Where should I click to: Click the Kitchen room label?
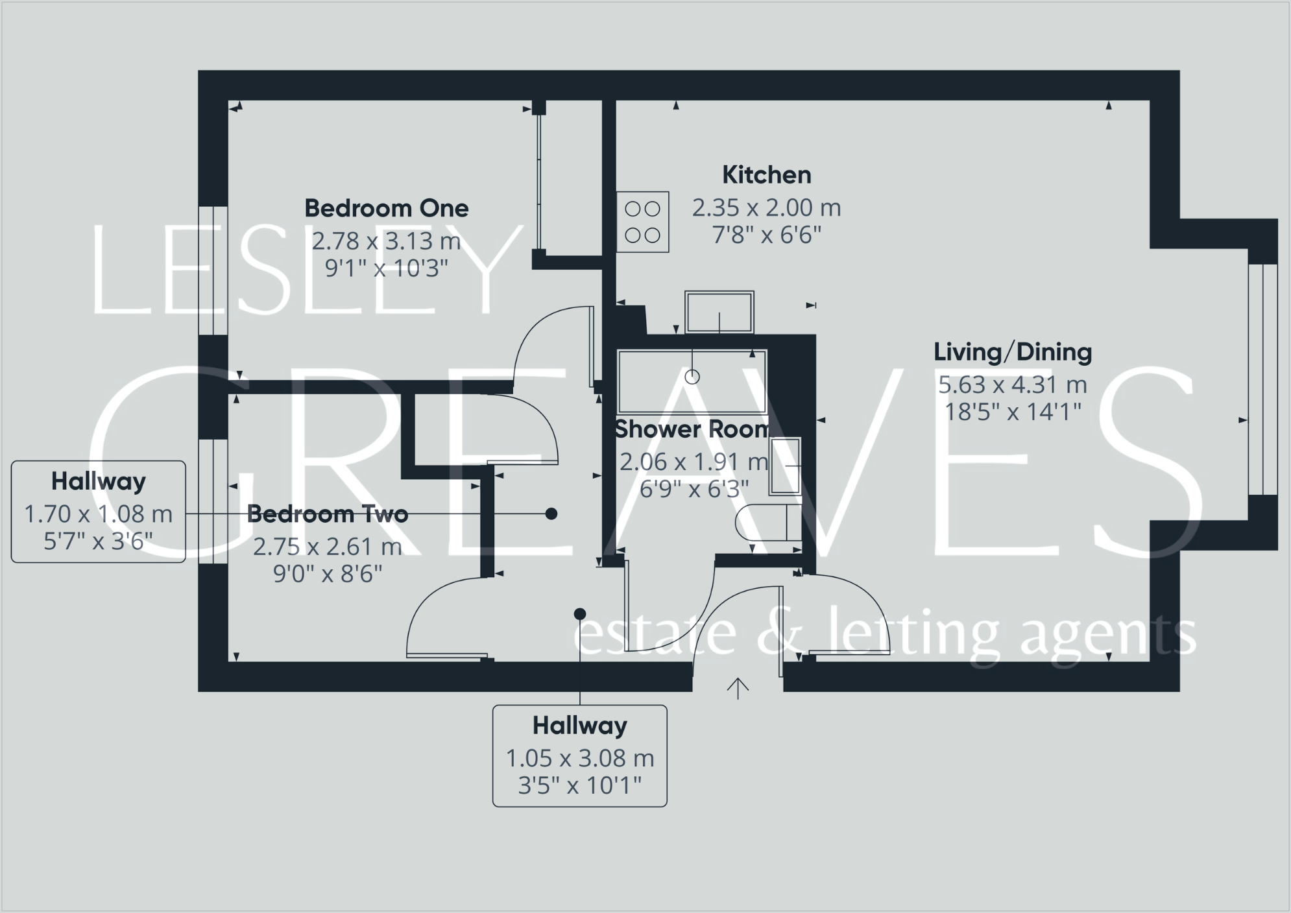[x=766, y=175]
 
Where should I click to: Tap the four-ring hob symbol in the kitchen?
[x=642, y=222]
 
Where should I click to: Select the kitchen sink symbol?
[x=719, y=313]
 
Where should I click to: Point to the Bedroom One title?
[x=386, y=208]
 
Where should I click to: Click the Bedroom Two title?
[x=328, y=514]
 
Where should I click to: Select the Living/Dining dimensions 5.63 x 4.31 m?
[x=1012, y=385]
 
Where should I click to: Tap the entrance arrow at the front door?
[x=738, y=688]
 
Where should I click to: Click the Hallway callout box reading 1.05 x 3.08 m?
[x=579, y=756]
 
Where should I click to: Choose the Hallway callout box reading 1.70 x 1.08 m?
[x=99, y=512]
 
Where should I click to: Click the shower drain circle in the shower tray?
[x=692, y=377]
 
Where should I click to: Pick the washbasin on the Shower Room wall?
[x=786, y=466]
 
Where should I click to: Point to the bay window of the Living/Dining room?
[x=1262, y=379]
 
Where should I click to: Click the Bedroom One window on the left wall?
[x=213, y=270]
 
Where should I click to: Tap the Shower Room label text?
[x=692, y=429]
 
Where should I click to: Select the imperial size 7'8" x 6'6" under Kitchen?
[x=766, y=235]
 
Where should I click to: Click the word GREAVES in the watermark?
[x=642, y=460]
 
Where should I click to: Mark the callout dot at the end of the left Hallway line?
[x=551, y=514]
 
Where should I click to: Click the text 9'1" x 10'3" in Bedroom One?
[x=386, y=268]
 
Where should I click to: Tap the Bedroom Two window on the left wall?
[x=213, y=501]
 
